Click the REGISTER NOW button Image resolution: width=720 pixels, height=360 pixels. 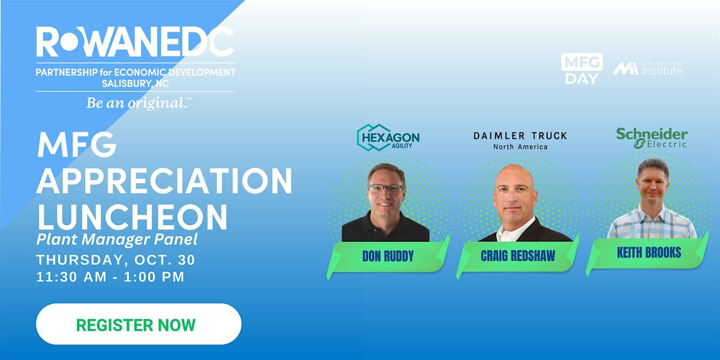click(139, 324)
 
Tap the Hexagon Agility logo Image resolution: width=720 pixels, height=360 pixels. click(388, 137)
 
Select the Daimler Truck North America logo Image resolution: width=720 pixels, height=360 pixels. click(520, 140)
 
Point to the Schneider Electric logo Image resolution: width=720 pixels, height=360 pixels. click(652, 138)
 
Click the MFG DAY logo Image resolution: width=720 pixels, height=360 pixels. click(582, 69)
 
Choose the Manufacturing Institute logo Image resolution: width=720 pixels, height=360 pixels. click(647, 68)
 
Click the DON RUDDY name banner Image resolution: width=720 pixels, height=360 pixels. click(388, 257)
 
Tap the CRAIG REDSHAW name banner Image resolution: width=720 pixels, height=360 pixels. click(518, 256)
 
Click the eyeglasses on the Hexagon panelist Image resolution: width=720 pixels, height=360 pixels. click(386, 188)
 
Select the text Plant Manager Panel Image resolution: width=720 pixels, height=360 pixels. click(117, 239)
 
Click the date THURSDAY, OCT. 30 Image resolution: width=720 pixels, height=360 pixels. click(116, 260)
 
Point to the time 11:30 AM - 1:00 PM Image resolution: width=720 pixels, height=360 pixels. click(110, 277)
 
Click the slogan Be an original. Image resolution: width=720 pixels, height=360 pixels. click(139, 103)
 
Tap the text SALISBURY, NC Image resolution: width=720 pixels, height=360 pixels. click(136, 83)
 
